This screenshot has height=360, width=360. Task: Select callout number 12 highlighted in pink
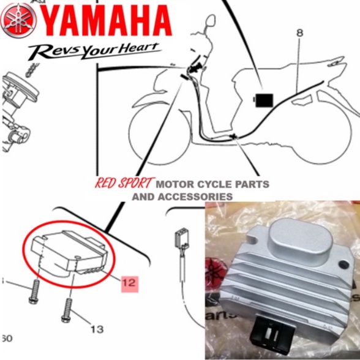(129, 283)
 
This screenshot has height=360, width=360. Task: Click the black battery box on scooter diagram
(264, 98)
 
